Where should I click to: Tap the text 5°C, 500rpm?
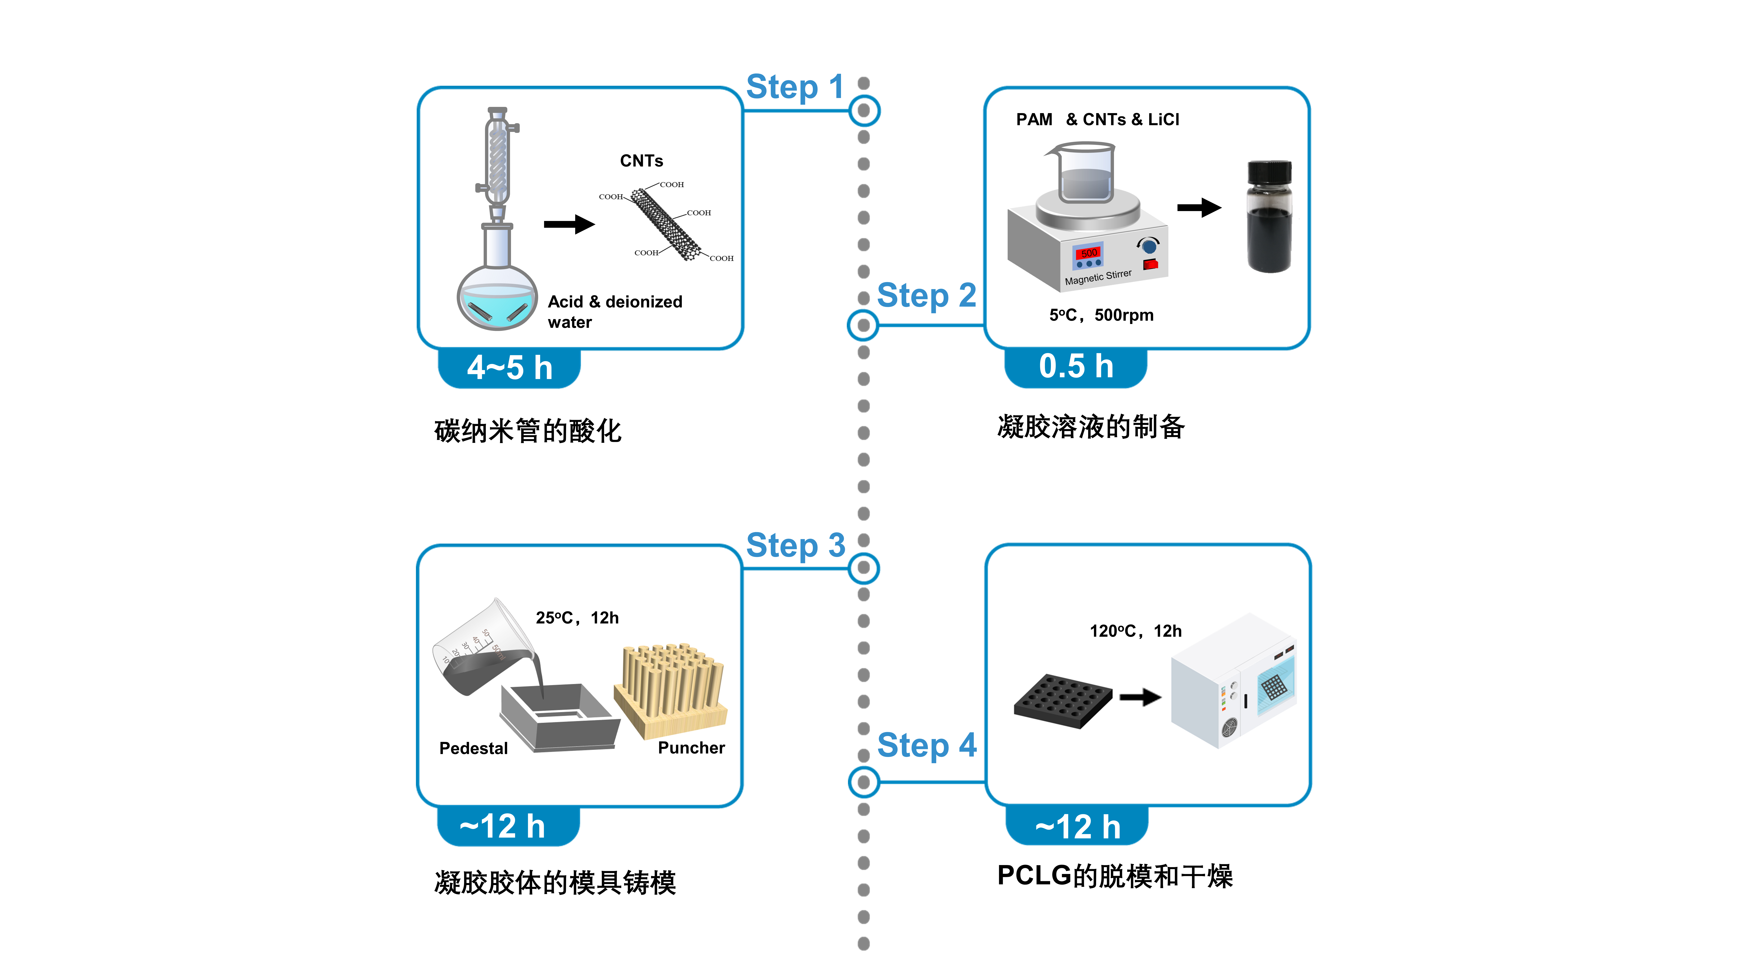(x=1101, y=315)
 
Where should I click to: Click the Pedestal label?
(x=473, y=748)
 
